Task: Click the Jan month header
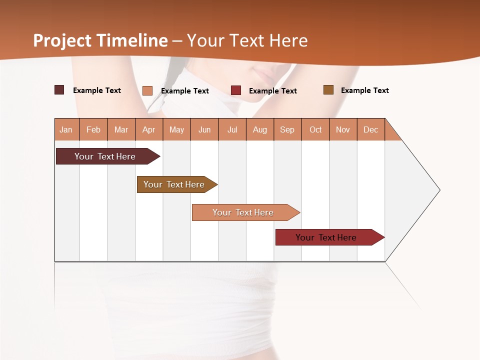click(x=66, y=129)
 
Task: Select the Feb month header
click(x=93, y=129)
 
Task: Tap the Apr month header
click(x=148, y=129)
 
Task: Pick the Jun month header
click(x=204, y=129)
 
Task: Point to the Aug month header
click(x=260, y=129)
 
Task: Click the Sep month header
click(x=287, y=129)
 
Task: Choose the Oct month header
click(x=315, y=129)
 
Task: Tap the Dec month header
click(x=370, y=129)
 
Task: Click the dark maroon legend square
click(x=59, y=90)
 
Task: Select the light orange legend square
click(x=147, y=90)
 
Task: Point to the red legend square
click(x=236, y=90)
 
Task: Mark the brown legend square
click(x=328, y=90)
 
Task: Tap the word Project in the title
click(x=62, y=41)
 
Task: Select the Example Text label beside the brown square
click(x=364, y=90)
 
